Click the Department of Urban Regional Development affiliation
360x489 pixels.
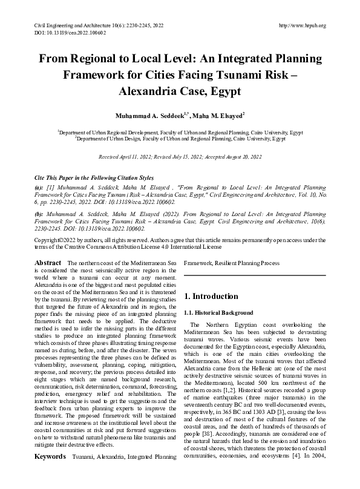(x=180, y=131)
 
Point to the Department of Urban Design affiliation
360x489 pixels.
(x=180, y=138)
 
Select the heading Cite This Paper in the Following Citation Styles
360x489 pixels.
(x=94, y=179)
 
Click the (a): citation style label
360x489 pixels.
(x=39, y=189)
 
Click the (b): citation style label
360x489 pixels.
(x=39, y=214)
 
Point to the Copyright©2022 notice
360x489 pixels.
(x=55, y=240)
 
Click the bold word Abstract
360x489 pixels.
(x=48, y=263)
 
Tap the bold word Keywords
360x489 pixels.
(x=50, y=473)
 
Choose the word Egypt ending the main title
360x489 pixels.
(x=223, y=93)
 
